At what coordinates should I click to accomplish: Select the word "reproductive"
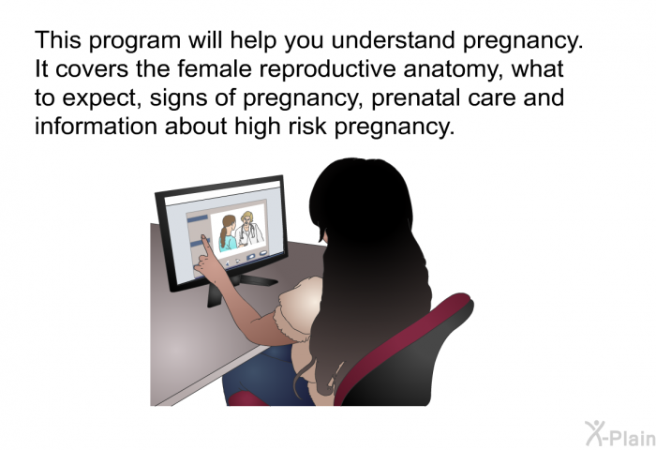point(328,69)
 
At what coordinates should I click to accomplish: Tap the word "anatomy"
point(454,70)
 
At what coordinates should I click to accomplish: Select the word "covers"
point(92,70)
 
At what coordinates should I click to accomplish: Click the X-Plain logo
point(620,433)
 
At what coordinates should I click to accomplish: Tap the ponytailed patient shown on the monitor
point(227,233)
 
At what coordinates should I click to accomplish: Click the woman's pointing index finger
point(206,244)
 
